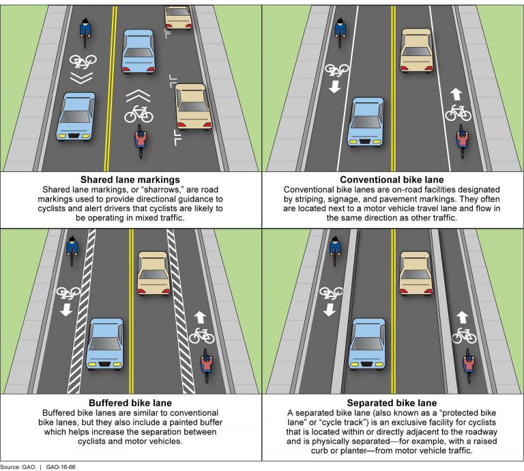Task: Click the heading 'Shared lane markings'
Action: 130,180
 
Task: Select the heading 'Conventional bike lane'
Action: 392,180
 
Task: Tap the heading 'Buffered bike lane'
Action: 130,403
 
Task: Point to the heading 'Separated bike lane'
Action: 392,403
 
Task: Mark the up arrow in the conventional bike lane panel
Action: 456,94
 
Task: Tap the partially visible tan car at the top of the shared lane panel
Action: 178,17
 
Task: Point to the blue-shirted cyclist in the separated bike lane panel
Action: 335,250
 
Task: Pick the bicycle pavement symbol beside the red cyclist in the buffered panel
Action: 202,335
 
